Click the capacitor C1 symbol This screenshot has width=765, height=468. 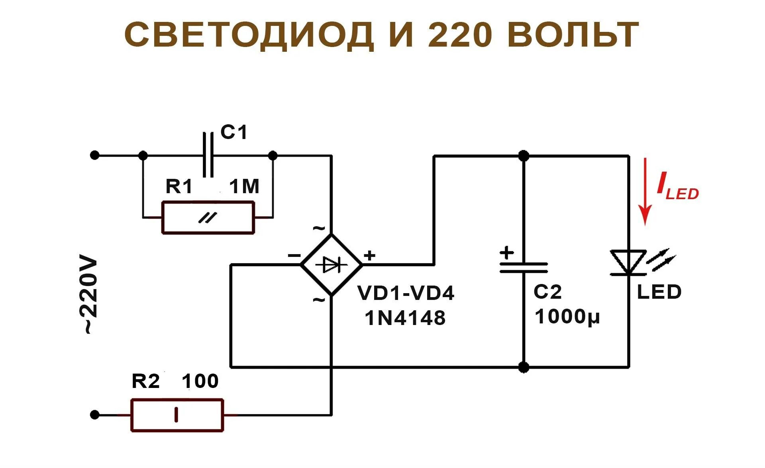208,155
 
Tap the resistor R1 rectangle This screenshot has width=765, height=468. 208,217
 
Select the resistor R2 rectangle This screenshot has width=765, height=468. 177,415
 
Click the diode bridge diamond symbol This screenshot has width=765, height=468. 331,264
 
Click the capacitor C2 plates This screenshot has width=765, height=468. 524,267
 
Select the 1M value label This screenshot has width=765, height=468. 244,186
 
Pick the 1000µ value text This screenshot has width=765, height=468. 567,317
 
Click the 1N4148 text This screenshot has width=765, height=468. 405,318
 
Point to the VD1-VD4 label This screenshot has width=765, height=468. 406,293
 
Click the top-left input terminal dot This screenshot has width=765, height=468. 94,155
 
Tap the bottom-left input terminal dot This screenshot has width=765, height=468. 94,415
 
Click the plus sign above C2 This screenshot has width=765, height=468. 507,253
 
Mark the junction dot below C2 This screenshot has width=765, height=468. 524,367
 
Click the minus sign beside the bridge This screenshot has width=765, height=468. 294,255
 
